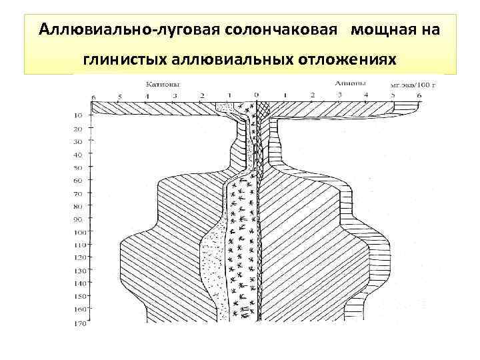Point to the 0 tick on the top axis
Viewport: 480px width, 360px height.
257,95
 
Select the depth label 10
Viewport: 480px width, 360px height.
79,116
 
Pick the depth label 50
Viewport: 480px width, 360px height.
79,167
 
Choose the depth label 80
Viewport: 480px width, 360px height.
79,206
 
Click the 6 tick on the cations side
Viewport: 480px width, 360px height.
94,97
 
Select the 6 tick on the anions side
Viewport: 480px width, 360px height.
419,97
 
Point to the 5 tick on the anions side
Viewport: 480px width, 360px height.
393,97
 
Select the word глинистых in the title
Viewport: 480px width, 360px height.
125,61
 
